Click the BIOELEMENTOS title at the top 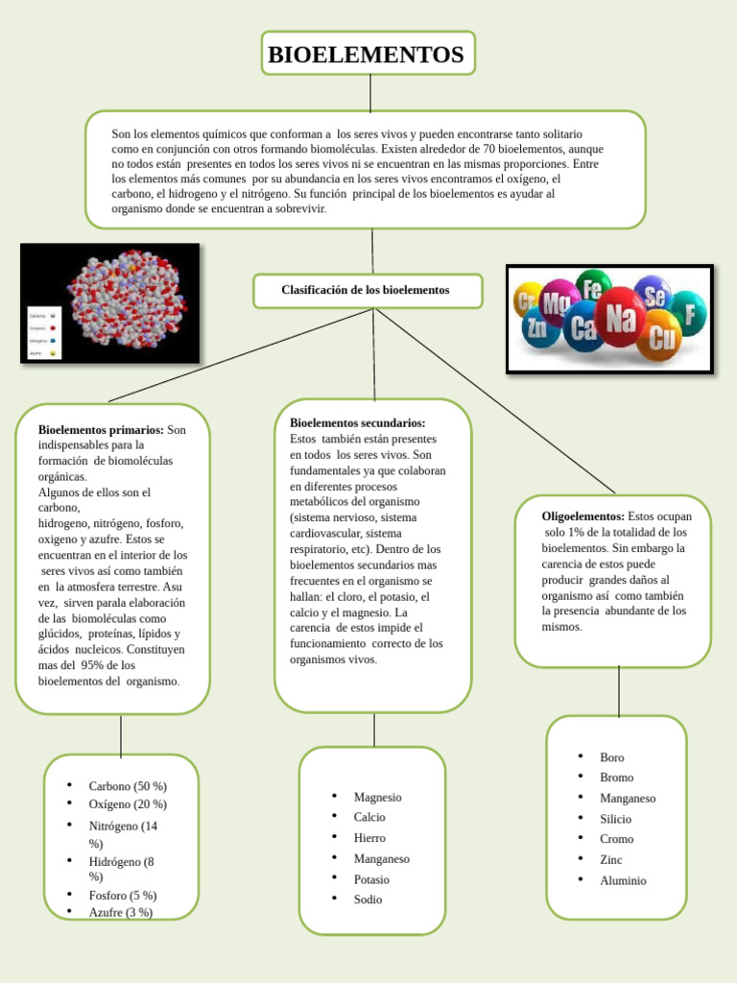[366, 55]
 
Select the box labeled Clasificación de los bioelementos [366, 290]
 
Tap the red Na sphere [619, 318]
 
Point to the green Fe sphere [593, 287]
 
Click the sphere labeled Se [655, 298]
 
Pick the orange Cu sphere [661, 338]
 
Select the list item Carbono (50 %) [128, 785]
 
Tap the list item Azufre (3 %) [121, 912]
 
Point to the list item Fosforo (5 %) [122, 895]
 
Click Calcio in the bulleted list [369, 817]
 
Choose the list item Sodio [368, 899]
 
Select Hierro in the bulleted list [369, 838]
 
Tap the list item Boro [612, 757]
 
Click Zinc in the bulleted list [611, 860]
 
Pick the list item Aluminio [623, 880]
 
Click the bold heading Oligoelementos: [583, 516]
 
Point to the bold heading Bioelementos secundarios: [357, 422]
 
